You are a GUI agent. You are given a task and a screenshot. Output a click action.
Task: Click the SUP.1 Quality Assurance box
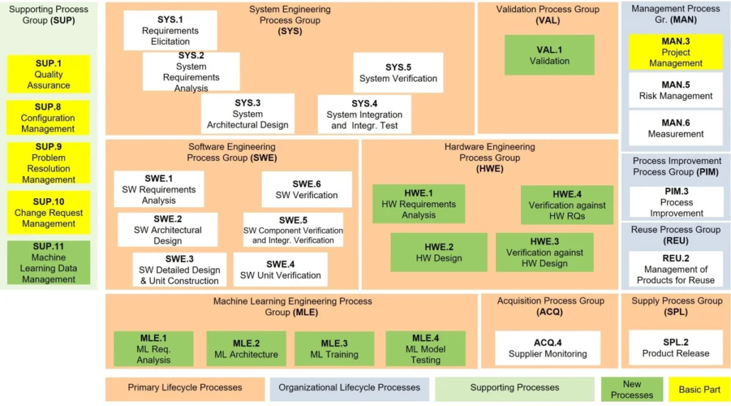pyautogui.click(x=49, y=74)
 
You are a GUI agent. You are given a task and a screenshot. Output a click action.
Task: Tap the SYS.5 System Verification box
pyautogui.click(x=398, y=72)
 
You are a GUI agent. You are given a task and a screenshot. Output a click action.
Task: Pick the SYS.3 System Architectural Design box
pyautogui.click(x=248, y=114)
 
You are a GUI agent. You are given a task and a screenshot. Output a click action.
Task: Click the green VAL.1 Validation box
pyautogui.click(x=549, y=55)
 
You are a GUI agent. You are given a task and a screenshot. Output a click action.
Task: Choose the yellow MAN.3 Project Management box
pyautogui.click(x=676, y=52)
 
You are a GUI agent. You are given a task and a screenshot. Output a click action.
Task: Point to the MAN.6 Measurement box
pyautogui.click(x=676, y=128)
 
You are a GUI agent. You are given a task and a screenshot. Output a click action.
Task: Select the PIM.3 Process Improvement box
pyautogui.click(x=676, y=202)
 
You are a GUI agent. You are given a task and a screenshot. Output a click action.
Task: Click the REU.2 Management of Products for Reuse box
pyautogui.click(x=676, y=269)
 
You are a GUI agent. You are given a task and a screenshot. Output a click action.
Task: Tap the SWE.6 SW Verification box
pyautogui.click(x=307, y=190)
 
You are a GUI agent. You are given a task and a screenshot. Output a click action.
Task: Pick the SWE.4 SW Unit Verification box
pyautogui.click(x=280, y=270)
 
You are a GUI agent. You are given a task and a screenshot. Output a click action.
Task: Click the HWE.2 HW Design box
pyautogui.click(x=439, y=252)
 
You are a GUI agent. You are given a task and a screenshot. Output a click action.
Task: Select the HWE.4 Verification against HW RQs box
pyautogui.click(x=566, y=204)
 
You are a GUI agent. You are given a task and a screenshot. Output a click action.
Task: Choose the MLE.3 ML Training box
pyautogui.click(x=334, y=349)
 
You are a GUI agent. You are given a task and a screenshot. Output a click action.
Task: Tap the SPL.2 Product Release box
pyautogui.click(x=676, y=348)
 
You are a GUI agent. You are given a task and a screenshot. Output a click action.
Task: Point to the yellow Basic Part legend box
pyautogui.click(x=699, y=390)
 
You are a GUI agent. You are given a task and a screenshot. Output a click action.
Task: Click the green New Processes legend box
pyautogui.click(x=632, y=390)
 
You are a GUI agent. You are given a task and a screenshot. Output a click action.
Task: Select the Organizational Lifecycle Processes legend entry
pyautogui.click(x=349, y=388)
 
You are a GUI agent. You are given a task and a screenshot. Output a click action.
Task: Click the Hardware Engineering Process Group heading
pyautogui.click(x=490, y=158)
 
